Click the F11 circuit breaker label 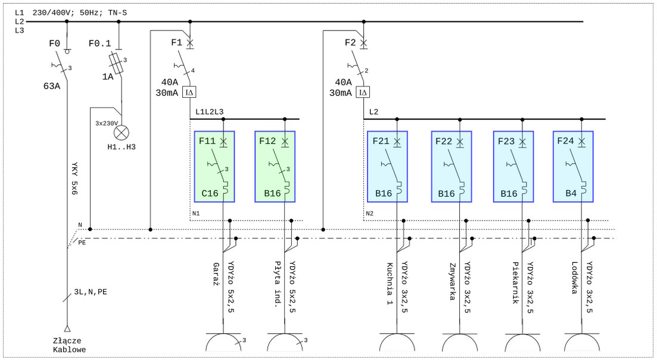point(207,141)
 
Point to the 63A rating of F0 point(52,86)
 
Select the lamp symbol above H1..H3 point(122,132)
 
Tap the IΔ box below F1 point(189,92)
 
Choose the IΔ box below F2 point(363,92)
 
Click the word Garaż point(216,275)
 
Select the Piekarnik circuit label point(516,283)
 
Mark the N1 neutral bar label point(196,213)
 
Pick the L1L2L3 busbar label point(210,111)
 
